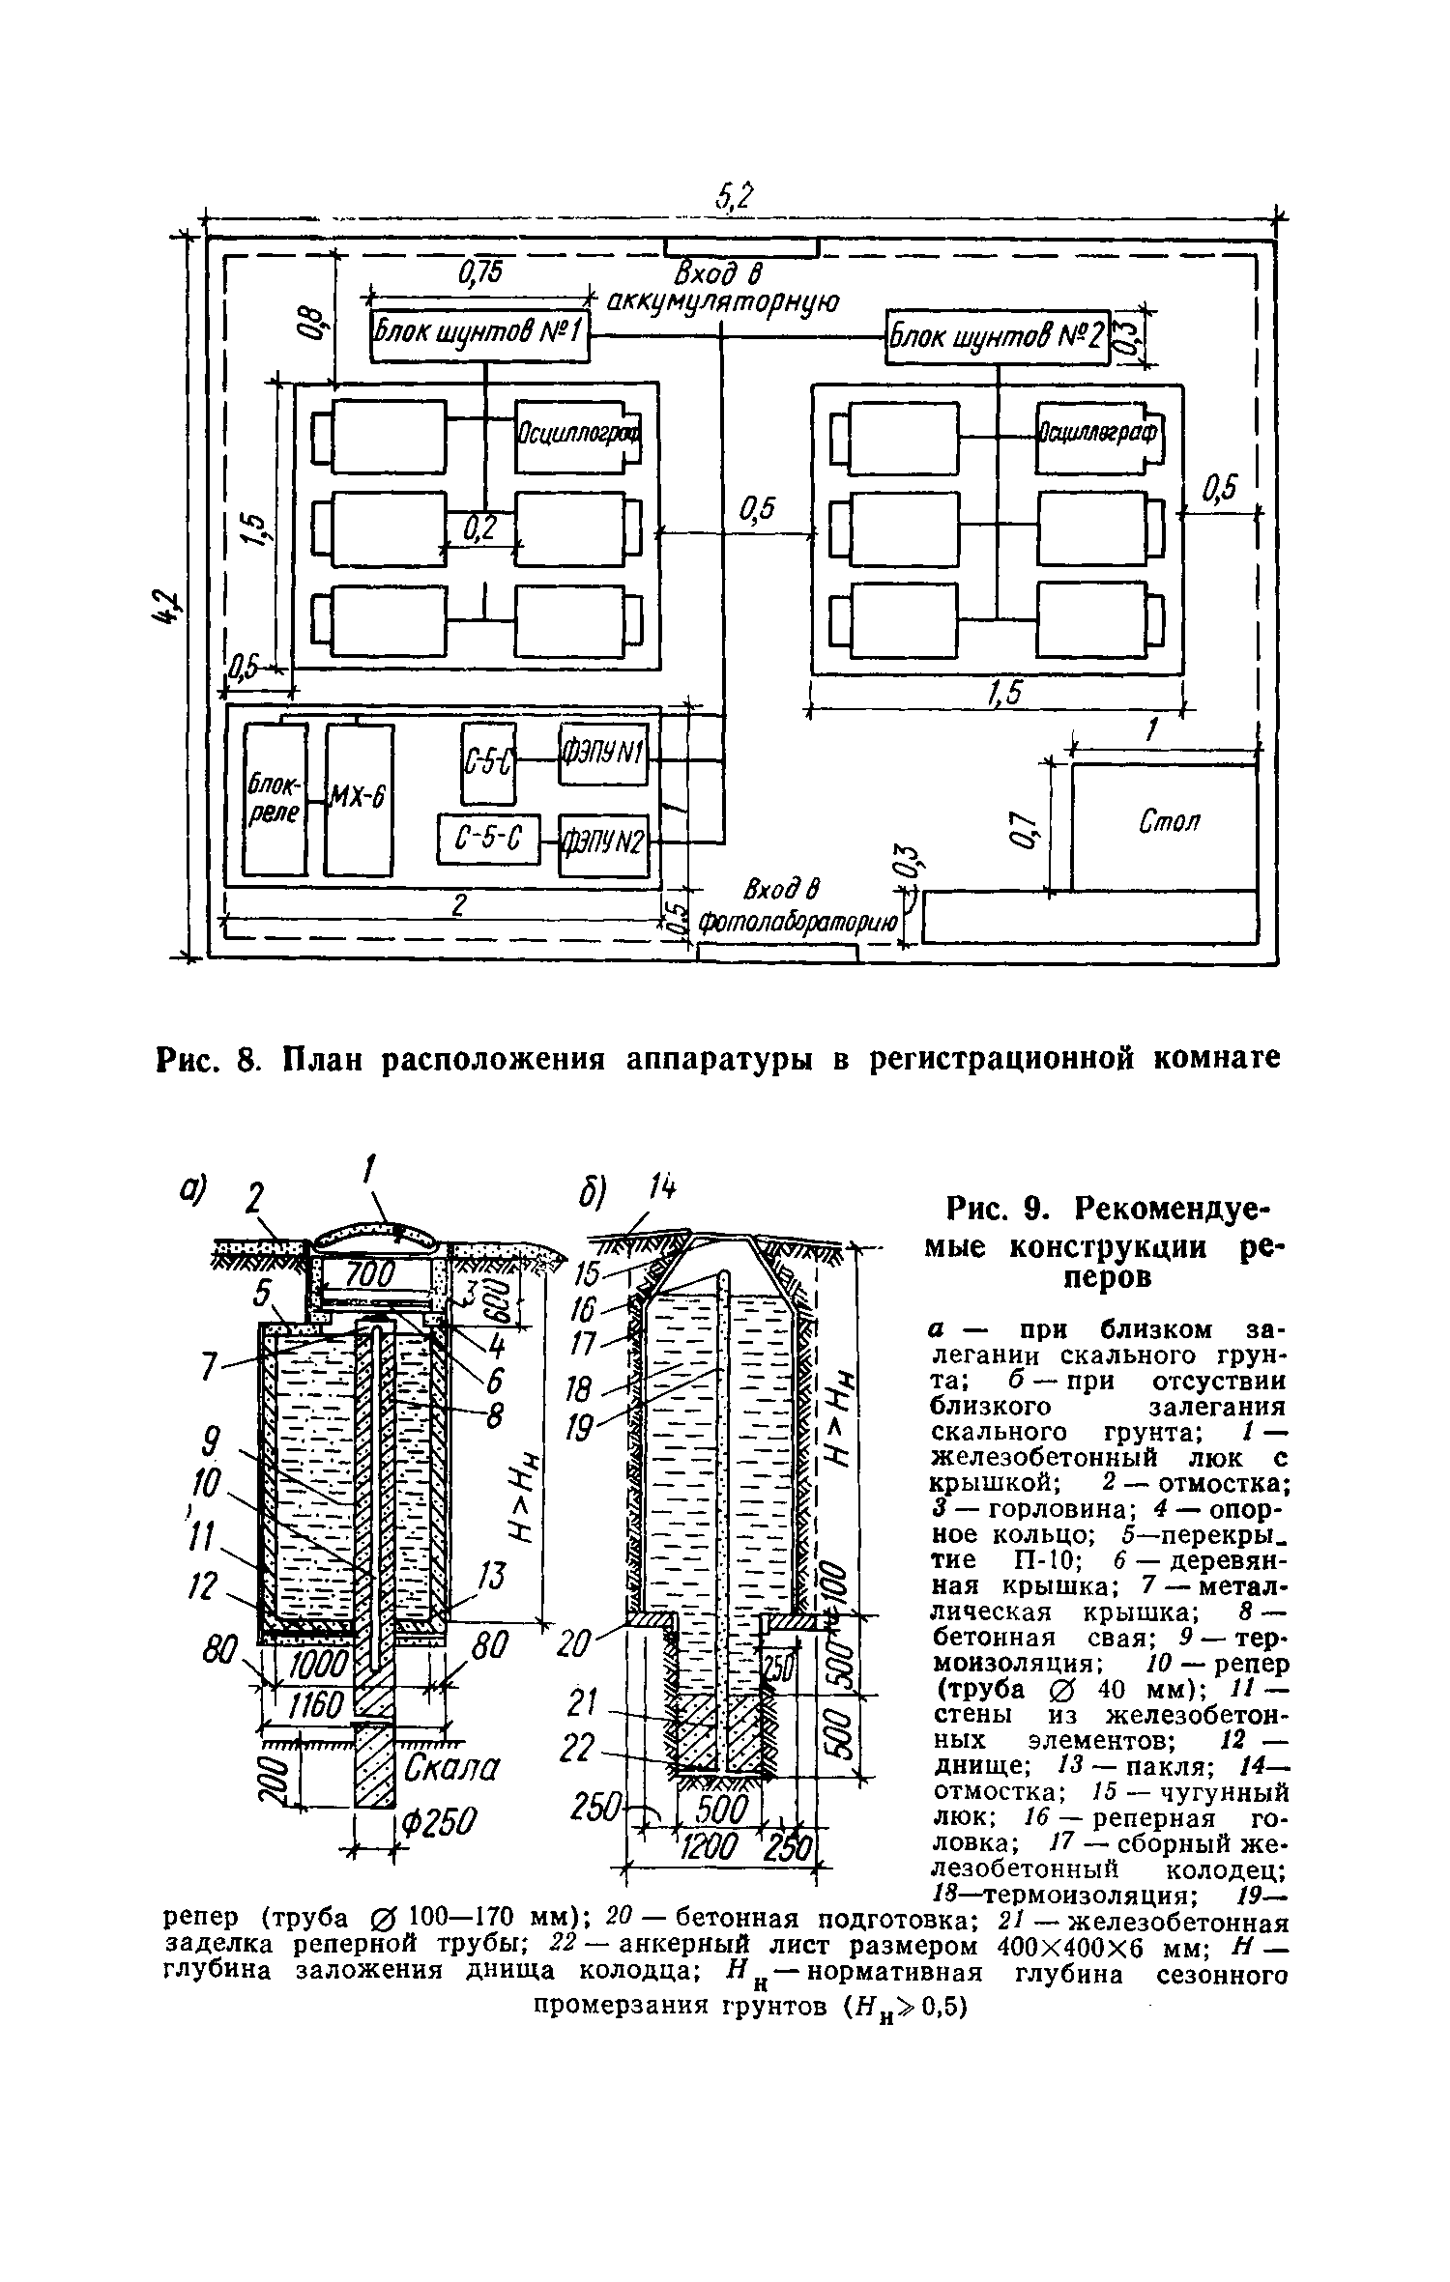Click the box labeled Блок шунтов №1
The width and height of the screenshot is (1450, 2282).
(x=480, y=337)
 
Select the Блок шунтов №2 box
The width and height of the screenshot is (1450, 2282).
(x=997, y=339)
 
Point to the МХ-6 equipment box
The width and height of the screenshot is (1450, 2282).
(x=359, y=799)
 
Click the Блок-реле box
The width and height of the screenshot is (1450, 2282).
(x=275, y=799)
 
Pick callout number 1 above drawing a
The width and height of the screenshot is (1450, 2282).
(x=367, y=1173)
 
